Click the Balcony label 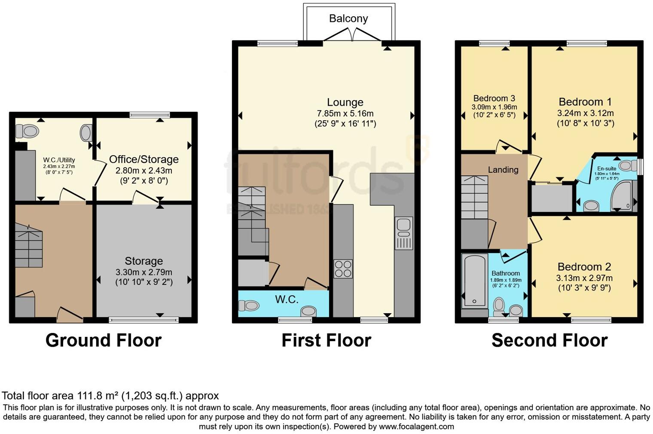348,18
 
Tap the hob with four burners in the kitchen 343,269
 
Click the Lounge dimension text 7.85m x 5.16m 345,113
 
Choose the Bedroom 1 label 585,102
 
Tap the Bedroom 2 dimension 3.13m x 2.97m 584,278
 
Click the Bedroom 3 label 494,98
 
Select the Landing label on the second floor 503,170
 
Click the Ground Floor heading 104,340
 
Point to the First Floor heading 326,340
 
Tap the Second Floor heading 549,340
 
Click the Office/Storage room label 143,159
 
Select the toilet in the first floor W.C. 249,306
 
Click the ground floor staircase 29,247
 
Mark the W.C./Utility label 59,160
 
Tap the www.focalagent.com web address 416,427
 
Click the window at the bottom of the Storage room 143,320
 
